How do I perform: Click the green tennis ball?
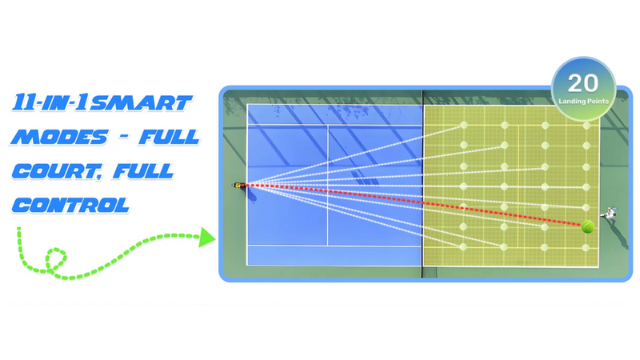tap(589, 226)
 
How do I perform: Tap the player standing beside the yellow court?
tap(611, 214)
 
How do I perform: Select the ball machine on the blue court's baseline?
tap(238, 186)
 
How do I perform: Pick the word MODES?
tap(55, 137)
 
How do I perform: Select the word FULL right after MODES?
tap(168, 137)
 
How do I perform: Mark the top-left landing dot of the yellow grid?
tap(463, 125)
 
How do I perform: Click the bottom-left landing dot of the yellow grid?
tap(463, 246)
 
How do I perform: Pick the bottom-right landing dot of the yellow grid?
tap(586, 246)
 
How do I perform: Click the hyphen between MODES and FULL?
tap(117, 138)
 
